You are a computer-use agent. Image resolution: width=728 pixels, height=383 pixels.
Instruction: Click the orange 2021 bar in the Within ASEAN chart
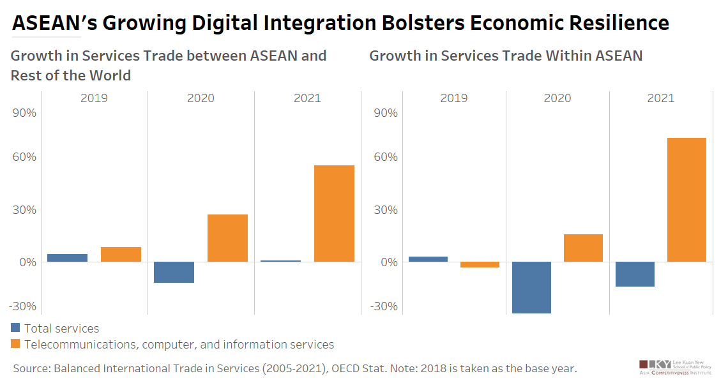tap(686, 200)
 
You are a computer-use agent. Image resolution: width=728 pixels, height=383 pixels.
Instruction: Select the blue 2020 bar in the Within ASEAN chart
tap(531, 287)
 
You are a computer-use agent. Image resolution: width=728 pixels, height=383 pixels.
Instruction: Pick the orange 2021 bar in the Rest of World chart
tap(334, 213)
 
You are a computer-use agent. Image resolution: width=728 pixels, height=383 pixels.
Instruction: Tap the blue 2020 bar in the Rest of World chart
tap(174, 272)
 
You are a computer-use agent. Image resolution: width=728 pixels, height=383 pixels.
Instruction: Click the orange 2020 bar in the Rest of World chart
tap(227, 238)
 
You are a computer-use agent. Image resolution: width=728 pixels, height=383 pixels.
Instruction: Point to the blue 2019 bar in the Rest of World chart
tap(67, 258)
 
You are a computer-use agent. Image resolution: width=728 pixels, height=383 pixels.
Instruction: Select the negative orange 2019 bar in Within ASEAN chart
tap(480, 264)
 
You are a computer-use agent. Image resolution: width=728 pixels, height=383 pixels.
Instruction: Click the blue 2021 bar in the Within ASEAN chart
tap(634, 274)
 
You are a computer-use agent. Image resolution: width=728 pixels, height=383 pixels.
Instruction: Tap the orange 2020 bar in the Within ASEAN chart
tap(583, 248)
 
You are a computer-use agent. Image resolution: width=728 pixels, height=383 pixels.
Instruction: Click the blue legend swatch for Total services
tap(16, 328)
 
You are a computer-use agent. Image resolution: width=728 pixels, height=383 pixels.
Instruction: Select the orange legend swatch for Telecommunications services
tap(16, 345)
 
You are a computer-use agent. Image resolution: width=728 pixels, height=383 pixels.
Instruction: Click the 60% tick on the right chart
tap(385, 157)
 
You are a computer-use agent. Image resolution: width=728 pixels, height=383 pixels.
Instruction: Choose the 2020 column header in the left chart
tap(201, 98)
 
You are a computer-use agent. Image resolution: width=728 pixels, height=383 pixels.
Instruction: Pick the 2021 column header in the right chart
tap(660, 98)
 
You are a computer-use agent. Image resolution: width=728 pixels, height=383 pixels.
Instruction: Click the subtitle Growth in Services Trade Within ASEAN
tap(506, 56)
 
